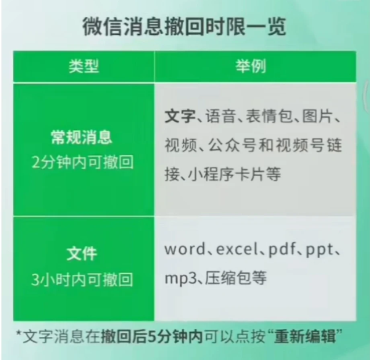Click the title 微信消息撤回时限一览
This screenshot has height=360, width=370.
click(x=184, y=26)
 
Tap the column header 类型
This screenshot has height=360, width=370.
click(x=84, y=66)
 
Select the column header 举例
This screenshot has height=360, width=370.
click(x=251, y=66)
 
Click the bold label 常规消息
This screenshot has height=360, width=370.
click(x=81, y=137)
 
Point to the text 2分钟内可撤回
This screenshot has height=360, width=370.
click(x=82, y=162)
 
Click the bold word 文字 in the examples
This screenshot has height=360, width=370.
click(x=180, y=116)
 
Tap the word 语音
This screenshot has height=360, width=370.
click(x=220, y=116)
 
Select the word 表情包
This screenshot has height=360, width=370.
click(x=269, y=116)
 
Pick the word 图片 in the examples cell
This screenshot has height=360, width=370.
click(x=317, y=116)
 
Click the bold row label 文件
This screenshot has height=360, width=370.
click(x=82, y=254)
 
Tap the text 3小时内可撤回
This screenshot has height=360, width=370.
click(x=82, y=279)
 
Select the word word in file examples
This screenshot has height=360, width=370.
click(x=185, y=249)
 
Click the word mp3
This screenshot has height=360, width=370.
click(x=180, y=279)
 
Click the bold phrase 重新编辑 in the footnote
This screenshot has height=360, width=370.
click(x=305, y=336)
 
